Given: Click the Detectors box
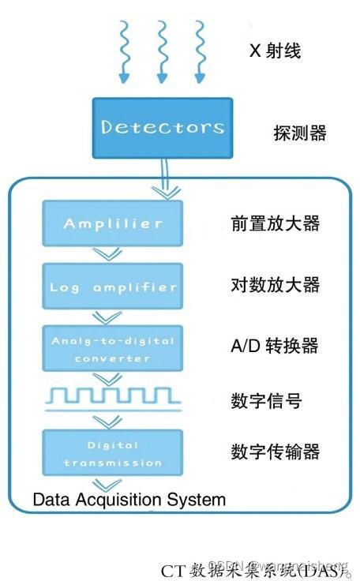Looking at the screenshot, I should coord(162,126).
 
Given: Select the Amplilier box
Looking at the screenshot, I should coord(113,223).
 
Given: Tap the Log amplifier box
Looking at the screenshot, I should coord(113,286).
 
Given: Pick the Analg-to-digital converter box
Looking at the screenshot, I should coord(113,348).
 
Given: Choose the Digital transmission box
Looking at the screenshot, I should coord(113,452).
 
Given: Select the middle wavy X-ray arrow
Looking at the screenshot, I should coord(162,51).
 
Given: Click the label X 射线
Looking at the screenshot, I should coord(275,52).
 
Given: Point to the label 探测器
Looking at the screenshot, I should coord(299,133).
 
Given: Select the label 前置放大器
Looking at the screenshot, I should coord(275,223).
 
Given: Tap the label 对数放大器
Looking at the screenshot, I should coord(275,285).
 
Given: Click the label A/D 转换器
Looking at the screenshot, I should coord(275,346).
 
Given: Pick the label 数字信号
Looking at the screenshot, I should coord(266,401).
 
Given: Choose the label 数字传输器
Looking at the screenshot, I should coord(275,452).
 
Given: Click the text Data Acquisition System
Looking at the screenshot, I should coord(129,500).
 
